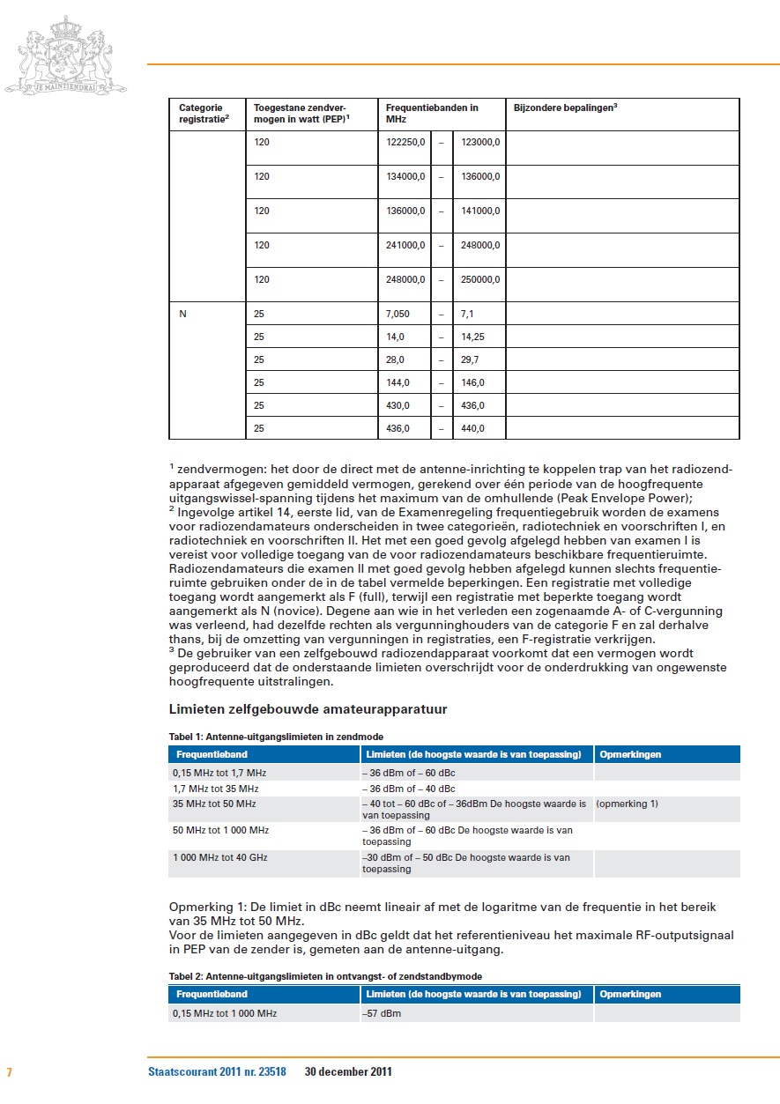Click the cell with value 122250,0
click(405, 141)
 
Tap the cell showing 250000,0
click(480, 279)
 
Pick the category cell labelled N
click(183, 314)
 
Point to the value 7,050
click(397, 314)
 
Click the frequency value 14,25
click(474, 337)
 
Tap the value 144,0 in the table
click(397, 382)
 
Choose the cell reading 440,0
click(472, 428)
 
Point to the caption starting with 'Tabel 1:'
click(276, 736)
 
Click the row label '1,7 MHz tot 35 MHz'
click(216, 789)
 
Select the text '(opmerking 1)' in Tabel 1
click(627, 804)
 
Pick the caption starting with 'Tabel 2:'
click(325, 976)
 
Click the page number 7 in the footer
click(9, 1072)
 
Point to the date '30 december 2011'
click(348, 1072)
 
